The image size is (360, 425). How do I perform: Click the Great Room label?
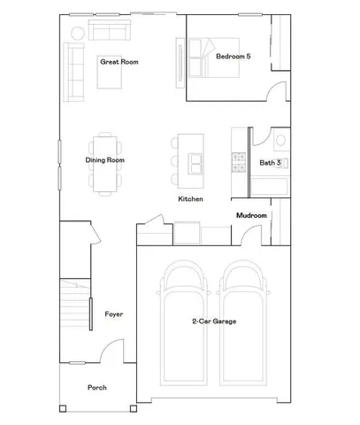tap(119, 63)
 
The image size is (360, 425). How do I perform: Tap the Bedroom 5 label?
tap(234, 57)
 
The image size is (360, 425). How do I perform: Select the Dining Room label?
tap(104, 160)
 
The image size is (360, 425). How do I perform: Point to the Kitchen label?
tap(190, 199)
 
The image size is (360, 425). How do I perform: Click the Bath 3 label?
tap(270, 163)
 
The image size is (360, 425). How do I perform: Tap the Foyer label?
tap(113, 314)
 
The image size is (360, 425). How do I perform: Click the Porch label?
tap(96, 389)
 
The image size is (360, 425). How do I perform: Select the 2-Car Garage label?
tap(214, 321)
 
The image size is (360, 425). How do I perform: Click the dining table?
tap(105, 160)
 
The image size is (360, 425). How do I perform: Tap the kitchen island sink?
tap(195, 160)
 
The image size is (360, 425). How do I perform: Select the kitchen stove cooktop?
tap(238, 162)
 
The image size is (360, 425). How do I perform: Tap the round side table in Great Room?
tap(76, 32)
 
